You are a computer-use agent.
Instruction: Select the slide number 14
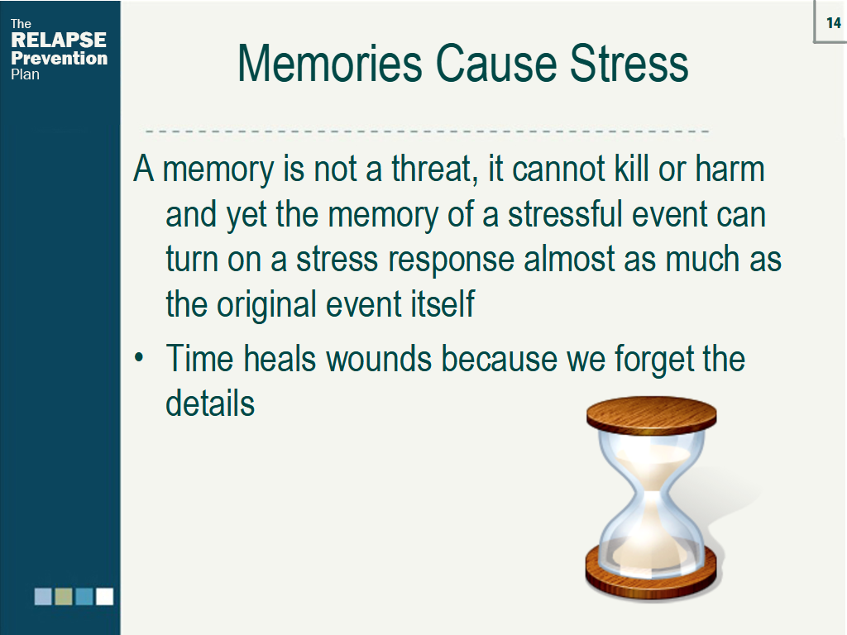(832, 22)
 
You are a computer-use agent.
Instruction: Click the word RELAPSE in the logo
(58, 41)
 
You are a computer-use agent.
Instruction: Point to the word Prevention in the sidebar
(59, 58)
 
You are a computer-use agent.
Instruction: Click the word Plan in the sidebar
(25, 74)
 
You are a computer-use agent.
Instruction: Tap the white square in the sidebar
(104, 596)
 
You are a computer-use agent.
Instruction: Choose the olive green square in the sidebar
(64, 596)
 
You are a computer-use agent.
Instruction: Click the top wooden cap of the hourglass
(652, 413)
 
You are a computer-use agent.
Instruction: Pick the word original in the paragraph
(267, 305)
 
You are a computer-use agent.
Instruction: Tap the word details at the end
(210, 404)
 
